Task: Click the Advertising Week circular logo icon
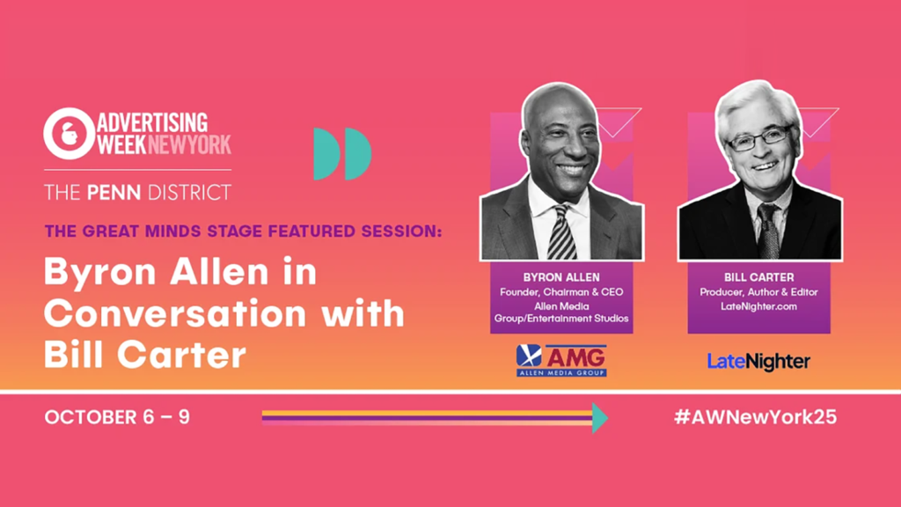coord(69,134)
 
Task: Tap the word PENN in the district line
coord(114,193)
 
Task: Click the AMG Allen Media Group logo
coord(561,360)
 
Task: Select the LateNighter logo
coord(758,362)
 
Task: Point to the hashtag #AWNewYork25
coord(755,416)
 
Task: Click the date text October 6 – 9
coord(117,416)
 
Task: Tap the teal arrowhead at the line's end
coord(600,418)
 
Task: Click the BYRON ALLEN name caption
coord(561,277)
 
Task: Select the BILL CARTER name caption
coord(759,277)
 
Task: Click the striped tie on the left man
coord(562,232)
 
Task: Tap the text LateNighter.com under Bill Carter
coord(759,306)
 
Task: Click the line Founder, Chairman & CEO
coord(561,292)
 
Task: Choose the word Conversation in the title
coord(175,314)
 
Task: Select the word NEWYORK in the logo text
coord(190,144)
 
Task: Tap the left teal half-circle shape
coord(326,153)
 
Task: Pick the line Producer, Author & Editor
coord(759,292)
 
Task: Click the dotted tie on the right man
coord(768,231)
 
